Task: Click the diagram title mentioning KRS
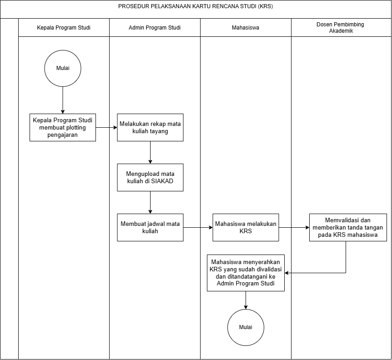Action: pos(196,6)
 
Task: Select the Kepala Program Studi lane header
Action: pos(64,27)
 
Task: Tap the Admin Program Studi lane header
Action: pos(155,27)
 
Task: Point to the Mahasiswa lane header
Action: pos(246,27)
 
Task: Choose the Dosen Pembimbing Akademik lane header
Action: pos(341,27)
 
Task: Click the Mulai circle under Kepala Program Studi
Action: pos(63,68)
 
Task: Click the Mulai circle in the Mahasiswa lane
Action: pos(246,327)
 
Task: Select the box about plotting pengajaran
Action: pos(63,127)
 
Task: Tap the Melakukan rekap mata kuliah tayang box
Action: pos(150,127)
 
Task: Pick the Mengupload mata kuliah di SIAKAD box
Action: pos(150,177)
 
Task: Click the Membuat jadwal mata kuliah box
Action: pos(150,227)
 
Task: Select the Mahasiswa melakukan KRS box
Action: pos(246,227)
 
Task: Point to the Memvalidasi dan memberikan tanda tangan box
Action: pos(348,227)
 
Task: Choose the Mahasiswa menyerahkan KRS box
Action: pos(246,273)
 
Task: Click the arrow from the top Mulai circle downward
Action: pos(63,100)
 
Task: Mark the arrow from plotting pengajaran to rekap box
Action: pos(106,127)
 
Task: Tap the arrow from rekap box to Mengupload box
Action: pos(150,152)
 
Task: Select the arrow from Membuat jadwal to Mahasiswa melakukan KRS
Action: pos(198,227)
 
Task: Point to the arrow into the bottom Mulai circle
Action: pos(246,300)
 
